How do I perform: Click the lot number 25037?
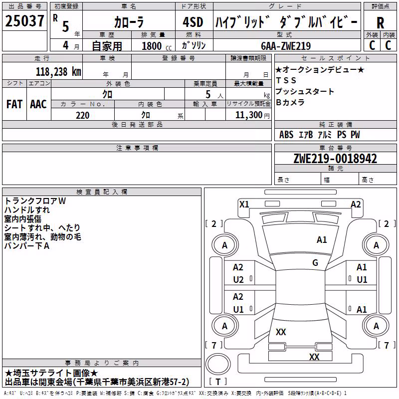click(x=24, y=21)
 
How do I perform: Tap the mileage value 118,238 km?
click(x=58, y=72)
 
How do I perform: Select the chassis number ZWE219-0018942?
click(x=335, y=159)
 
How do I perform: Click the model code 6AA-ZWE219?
click(x=286, y=46)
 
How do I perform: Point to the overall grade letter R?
click(x=380, y=23)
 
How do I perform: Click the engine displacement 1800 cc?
click(x=157, y=46)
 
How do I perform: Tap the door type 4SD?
click(x=193, y=22)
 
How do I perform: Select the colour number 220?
click(x=82, y=116)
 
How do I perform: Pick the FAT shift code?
click(x=14, y=104)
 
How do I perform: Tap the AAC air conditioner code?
click(x=38, y=104)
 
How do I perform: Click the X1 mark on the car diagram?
click(x=244, y=204)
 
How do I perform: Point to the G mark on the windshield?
click(x=315, y=263)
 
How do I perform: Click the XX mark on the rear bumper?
click(x=314, y=357)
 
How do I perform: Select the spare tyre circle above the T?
click(x=218, y=364)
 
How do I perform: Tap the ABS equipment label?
click(x=286, y=135)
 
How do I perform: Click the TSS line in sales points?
click(x=286, y=80)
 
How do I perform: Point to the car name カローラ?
click(x=129, y=22)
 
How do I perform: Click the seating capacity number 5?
click(x=208, y=94)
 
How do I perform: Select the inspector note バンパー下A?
click(x=27, y=246)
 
